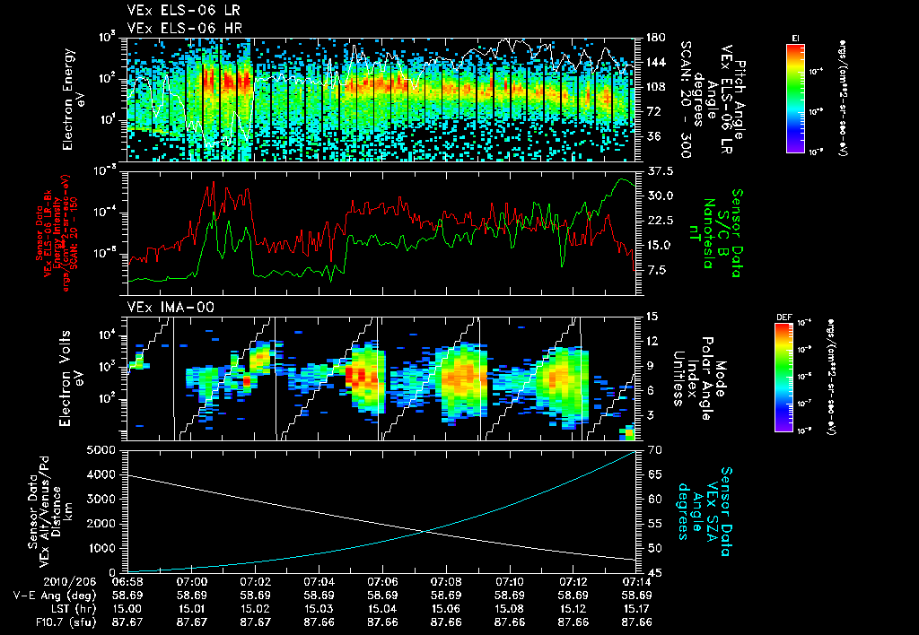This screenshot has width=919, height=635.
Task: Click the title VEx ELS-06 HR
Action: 178,28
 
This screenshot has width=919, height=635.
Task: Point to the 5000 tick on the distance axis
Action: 101,449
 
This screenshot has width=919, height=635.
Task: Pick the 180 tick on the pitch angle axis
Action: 654,38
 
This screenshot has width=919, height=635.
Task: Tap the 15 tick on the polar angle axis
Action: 652,316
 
